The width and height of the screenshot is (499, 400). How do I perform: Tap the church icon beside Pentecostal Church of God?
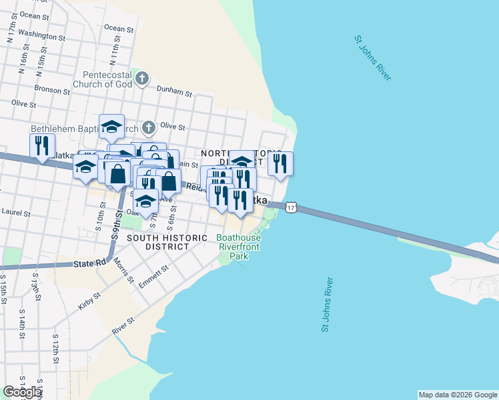point(141,79)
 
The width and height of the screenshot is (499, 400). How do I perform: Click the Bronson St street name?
point(48,88)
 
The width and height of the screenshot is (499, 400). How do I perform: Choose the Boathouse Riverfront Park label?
point(238,247)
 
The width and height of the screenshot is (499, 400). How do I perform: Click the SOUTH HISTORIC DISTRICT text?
point(158,242)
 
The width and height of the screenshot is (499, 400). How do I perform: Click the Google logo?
point(21,392)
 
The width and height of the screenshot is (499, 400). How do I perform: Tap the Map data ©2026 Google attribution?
point(458,395)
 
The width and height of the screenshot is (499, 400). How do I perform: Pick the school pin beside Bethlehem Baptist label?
point(112,126)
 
